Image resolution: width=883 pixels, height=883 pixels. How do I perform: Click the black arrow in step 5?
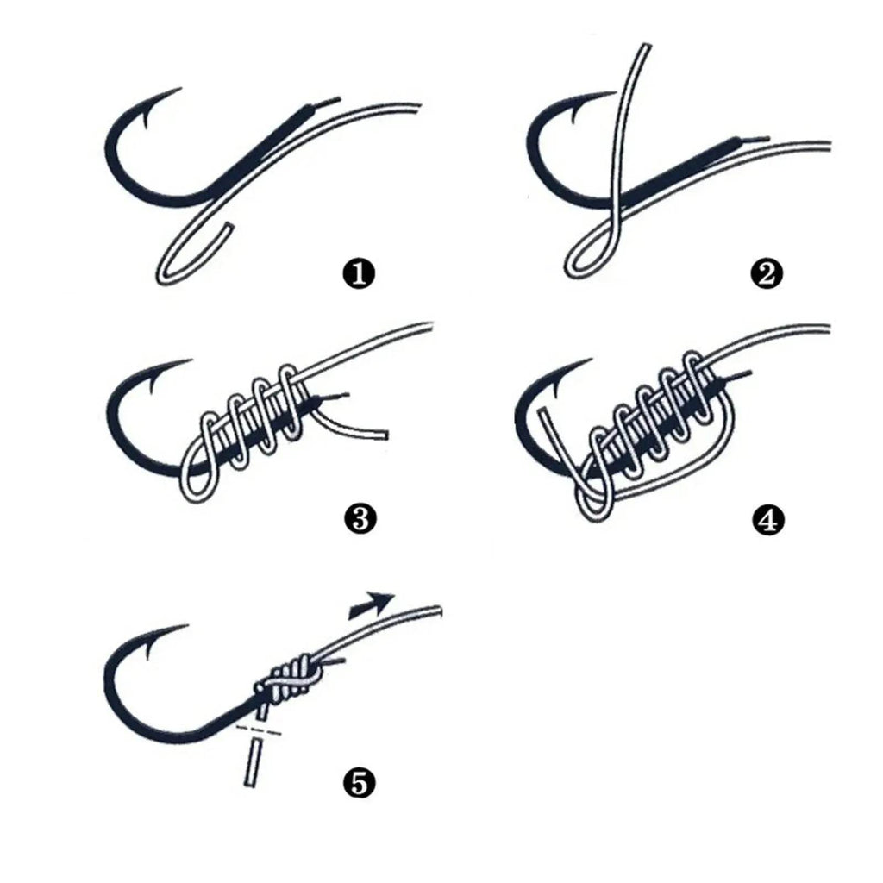point(373,604)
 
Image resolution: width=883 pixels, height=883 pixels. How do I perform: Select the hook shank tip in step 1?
point(323,104)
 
